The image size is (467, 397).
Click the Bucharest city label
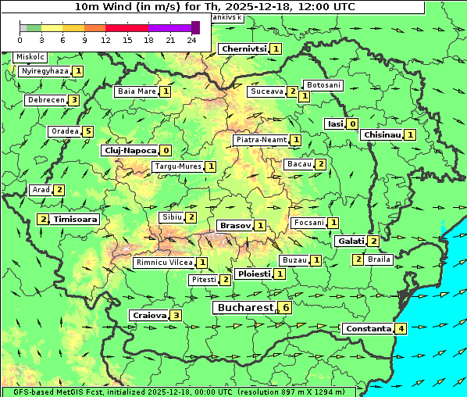[244, 308]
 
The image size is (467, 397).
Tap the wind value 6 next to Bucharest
[287, 308]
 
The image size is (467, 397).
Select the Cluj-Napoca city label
[129, 150]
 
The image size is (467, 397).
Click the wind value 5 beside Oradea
[88, 131]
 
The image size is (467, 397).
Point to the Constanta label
[368, 328]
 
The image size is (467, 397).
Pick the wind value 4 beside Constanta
[401, 328]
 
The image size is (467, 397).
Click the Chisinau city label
[383, 134]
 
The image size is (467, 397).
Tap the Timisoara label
[76, 220]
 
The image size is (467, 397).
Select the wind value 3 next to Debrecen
[73, 100]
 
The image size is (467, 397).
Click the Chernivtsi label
[244, 48]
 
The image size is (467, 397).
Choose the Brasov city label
[235, 225]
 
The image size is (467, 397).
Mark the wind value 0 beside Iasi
[353, 123]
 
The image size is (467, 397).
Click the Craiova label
[149, 315]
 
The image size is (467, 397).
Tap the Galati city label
[350, 241]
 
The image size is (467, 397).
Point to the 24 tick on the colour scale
[191, 39]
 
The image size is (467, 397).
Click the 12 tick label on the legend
[105, 39]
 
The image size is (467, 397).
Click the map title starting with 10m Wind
[214, 6]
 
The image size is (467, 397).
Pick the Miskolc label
[30, 57]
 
